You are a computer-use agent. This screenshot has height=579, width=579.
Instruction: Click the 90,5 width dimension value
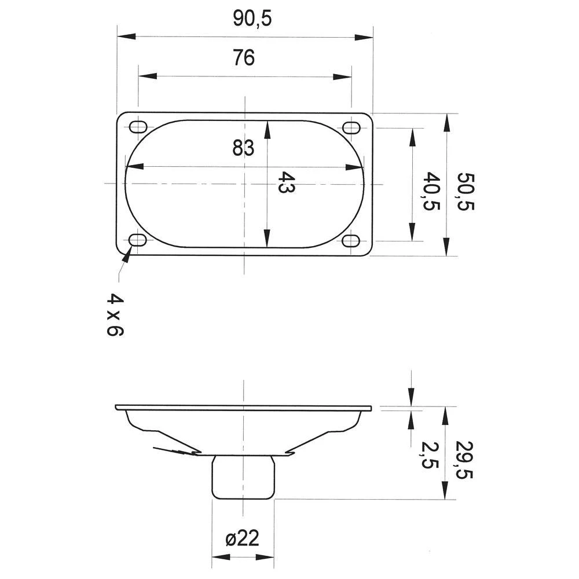252,19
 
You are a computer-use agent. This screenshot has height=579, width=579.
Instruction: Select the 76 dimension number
244,58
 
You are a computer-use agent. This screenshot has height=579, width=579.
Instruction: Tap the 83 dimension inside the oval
244,149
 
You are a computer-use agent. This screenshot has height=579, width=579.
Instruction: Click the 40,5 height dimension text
431,191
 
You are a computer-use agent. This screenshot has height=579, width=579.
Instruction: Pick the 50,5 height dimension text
465,191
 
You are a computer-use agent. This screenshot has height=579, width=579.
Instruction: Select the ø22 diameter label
242,539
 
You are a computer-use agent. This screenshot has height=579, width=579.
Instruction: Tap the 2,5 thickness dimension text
431,457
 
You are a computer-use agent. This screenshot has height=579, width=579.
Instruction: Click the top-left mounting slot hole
138,127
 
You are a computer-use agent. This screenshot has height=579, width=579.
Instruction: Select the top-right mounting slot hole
351,127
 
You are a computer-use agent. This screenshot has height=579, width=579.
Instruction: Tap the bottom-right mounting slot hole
351,240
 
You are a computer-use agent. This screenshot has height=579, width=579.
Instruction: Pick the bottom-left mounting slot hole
138,240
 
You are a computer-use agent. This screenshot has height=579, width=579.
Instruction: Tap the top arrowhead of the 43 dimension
267,130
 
